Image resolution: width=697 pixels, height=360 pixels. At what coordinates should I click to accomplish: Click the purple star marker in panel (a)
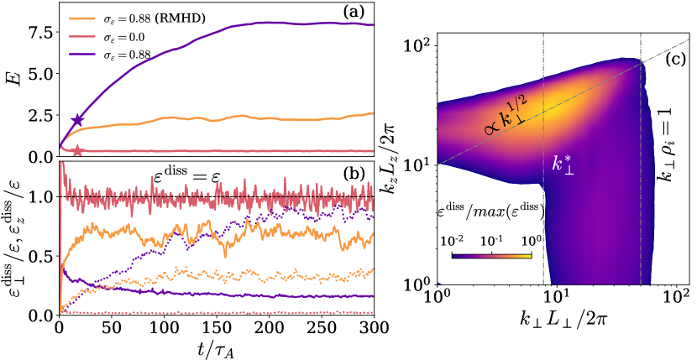coord(78,121)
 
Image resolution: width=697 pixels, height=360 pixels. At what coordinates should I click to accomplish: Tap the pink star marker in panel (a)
coord(78,151)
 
